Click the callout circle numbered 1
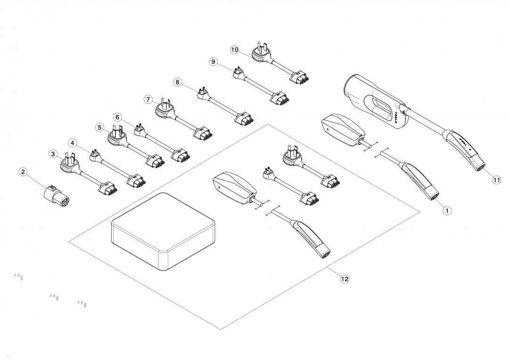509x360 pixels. coord(447,211)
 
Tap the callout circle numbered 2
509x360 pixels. coord(23,172)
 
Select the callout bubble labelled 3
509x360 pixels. coord(53,154)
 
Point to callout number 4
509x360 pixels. coord(72,142)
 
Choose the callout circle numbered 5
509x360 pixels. coord(99,127)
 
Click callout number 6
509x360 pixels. coord(118,117)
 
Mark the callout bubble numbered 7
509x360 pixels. coord(148,100)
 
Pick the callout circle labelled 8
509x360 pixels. coord(177,82)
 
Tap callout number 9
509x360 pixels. coord(213,62)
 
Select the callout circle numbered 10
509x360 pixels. coord(235,49)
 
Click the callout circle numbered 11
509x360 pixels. coord(497,180)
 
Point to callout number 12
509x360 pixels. coord(345,279)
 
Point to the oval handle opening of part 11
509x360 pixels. coord(379,106)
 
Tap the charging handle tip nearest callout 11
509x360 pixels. coord(479,164)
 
